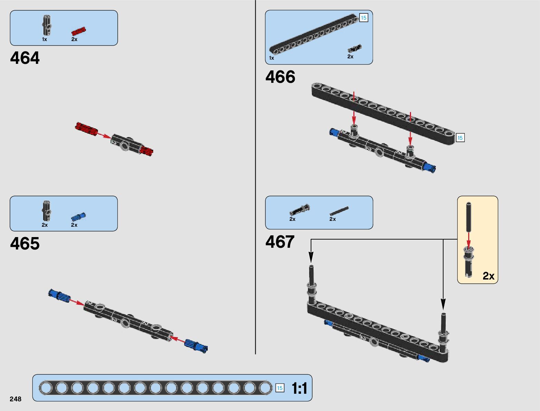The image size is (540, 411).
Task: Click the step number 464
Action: coord(25,58)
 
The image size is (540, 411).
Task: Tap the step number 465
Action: coord(25,244)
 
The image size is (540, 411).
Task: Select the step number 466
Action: coord(280,77)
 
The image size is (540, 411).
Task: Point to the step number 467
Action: coord(280,242)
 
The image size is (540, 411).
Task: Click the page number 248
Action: coord(16,399)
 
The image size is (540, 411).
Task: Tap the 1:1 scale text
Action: coord(299,388)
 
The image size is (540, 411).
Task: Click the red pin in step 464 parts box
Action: coord(78,31)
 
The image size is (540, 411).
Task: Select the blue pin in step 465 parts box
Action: coord(78,217)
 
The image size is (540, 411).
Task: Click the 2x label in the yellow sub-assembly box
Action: coord(488,276)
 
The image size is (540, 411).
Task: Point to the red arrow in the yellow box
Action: coord(468,240)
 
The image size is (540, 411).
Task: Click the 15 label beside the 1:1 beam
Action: coord(280,388)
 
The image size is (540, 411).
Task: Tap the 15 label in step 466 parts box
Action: coord(364,18)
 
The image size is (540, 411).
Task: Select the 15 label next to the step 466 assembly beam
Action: coord(460,138)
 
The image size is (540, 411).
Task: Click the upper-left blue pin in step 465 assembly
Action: coord(59,295)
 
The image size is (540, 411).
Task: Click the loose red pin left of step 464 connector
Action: coord(86,128)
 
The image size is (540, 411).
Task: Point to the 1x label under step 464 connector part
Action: coord(45,39)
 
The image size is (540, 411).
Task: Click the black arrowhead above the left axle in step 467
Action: coord(311,257)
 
